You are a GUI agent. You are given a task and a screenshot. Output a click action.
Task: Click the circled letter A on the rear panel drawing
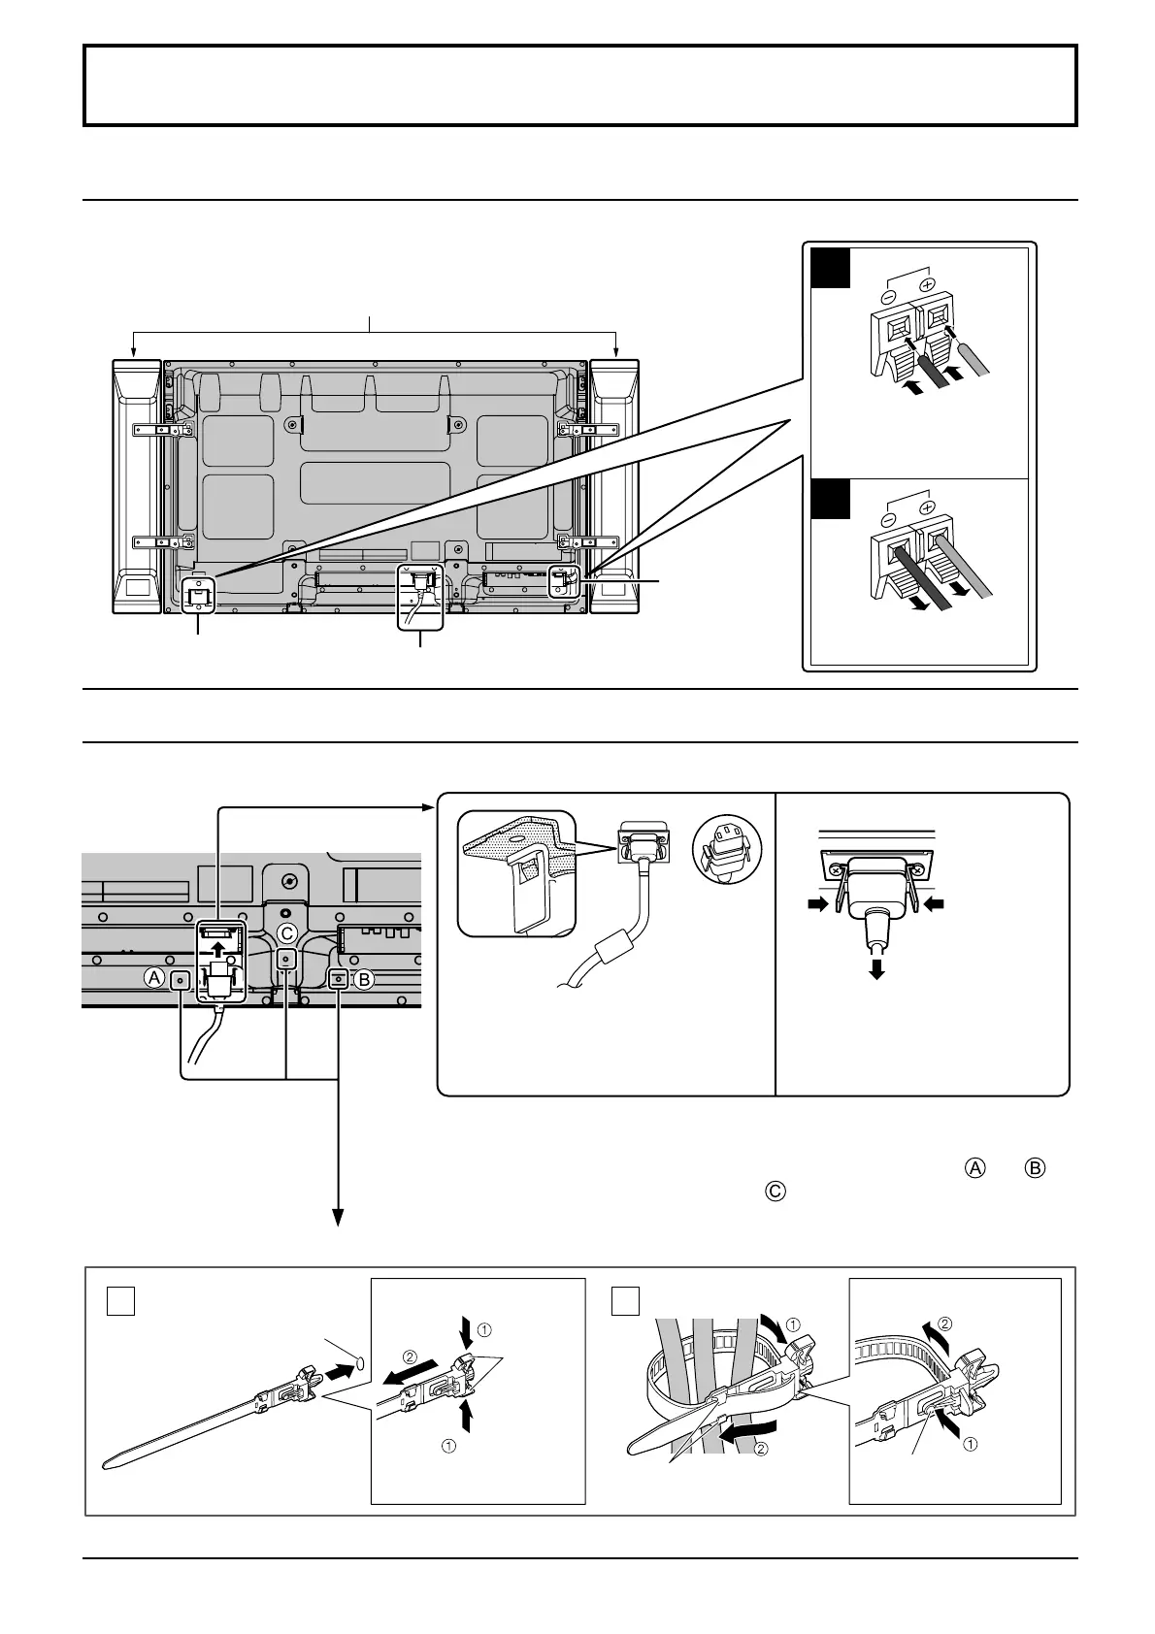click(x=154, y=979)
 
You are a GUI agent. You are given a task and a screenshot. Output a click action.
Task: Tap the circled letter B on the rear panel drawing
click(x=364, y=980)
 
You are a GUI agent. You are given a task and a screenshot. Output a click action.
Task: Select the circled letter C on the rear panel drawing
click(x=286, y=932)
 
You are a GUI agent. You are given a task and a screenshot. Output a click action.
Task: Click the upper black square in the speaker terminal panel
click(x=833, y=269)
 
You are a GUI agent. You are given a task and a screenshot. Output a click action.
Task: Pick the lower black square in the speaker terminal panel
click(x=833, y=500)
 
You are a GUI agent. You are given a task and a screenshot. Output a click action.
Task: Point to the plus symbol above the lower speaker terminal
click(x=926, y=508)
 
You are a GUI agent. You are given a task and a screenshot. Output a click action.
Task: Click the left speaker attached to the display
click(x=137, y=485)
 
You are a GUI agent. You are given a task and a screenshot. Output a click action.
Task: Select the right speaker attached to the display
click(x=613, y=485)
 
